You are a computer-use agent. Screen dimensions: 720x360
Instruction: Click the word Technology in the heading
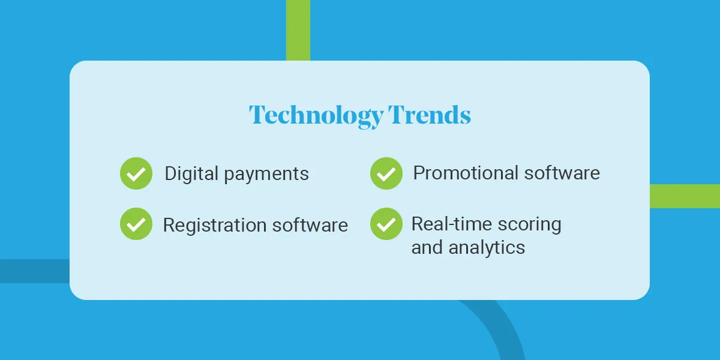[316, 116]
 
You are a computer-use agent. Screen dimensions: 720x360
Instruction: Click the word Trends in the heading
[430, 115]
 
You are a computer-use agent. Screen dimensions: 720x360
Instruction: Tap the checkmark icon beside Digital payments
[136, 173]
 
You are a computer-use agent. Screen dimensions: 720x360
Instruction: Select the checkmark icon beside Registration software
[136, 224]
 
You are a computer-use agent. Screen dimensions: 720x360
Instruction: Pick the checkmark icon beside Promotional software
[386, 173]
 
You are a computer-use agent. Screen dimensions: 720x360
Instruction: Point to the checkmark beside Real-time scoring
[386, 224]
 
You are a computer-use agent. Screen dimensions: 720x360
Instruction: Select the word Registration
[215, 226]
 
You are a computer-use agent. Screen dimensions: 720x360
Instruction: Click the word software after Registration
[310, 224]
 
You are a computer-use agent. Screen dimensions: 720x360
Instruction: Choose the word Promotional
[466, 173]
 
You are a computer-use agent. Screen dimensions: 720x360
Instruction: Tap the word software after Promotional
[562, 173]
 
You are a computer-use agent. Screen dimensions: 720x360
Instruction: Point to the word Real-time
[452, 224]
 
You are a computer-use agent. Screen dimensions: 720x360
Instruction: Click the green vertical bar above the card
[298, 30]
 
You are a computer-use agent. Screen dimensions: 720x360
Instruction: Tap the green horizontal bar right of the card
[685, 196]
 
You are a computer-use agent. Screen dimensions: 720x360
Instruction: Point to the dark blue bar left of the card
[35, 271]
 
